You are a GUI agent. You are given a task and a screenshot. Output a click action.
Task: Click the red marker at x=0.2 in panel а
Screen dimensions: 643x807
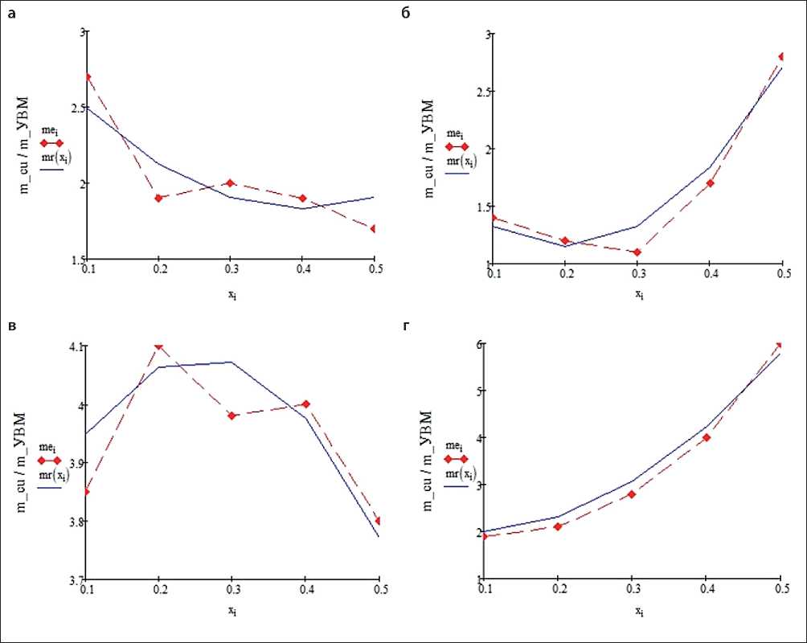(x=159, y=198)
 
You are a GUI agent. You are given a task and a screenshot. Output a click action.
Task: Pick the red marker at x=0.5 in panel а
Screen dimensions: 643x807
(x=374, y=228)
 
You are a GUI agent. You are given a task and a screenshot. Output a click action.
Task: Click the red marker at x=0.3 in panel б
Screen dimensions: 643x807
(x=637, y=252)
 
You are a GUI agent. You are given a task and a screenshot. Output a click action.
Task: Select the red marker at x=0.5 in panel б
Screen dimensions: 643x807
(x=780, y=56)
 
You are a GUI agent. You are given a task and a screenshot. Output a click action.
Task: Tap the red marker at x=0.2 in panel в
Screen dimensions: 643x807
(x=159, y=346)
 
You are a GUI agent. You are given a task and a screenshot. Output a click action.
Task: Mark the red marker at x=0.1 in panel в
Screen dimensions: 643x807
(x=87, y=491)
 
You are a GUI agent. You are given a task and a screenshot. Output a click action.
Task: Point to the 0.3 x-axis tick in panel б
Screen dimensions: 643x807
(x=637, y=274)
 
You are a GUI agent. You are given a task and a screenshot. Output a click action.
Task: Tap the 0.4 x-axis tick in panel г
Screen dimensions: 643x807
(x=707, y=590)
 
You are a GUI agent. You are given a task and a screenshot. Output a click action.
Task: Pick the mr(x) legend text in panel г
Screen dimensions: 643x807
(x=460, y=473)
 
